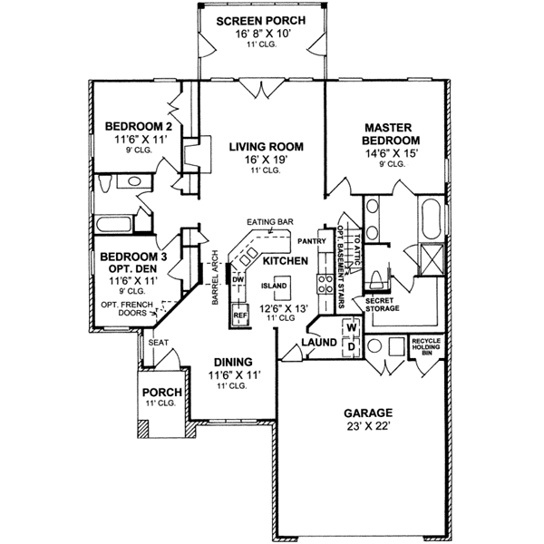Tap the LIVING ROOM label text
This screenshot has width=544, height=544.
pyautogui.click(x=266, y=147)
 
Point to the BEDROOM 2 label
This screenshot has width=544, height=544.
pyautogui.click(x=132, y=126)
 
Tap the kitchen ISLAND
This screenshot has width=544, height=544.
pyautogui.click(x=274, y=287)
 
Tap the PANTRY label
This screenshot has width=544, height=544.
pyautogui.click(x=311, y=241)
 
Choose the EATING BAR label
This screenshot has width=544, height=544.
pyautogui.click(x=267, y=221)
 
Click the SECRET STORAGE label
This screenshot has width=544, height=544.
pyautogui.click(x=382, y=303)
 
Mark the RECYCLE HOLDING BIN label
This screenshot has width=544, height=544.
pyautogui.click(x=426, y=346)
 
